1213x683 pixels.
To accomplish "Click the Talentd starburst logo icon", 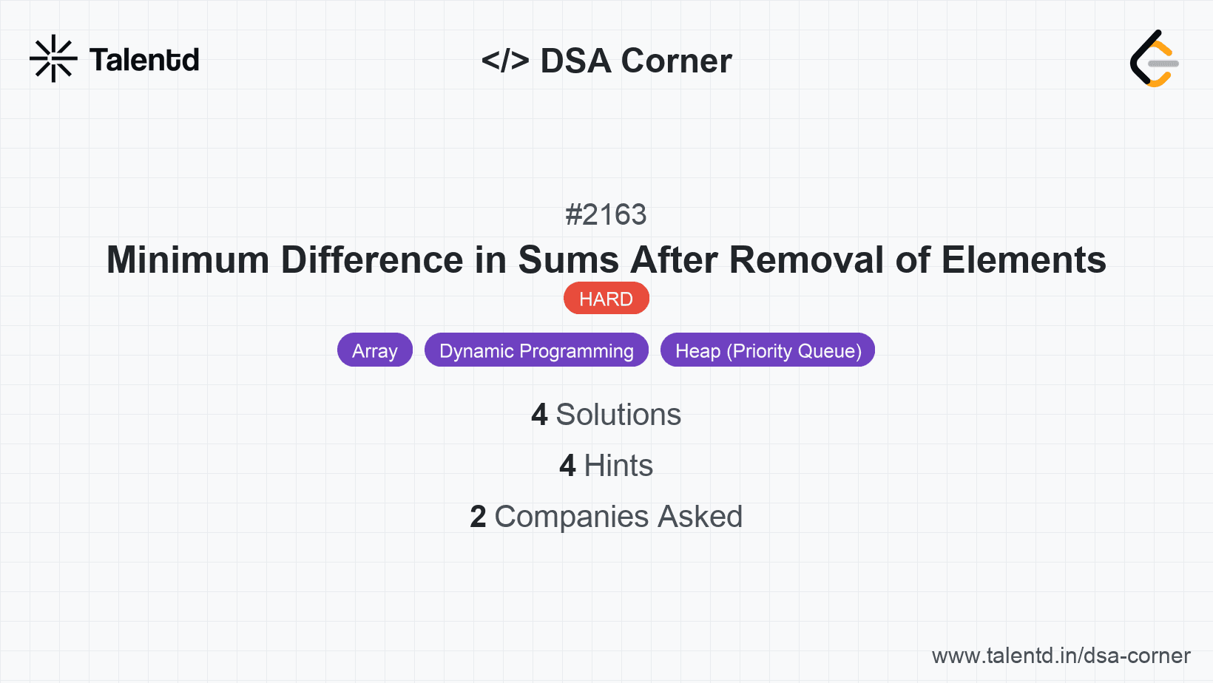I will pyautogui.click(x=53, y=58).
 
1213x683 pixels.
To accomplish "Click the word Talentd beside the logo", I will pyautogui.click(x=144, y=60).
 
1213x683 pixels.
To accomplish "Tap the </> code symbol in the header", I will pyautogui.click(x=505, y=60).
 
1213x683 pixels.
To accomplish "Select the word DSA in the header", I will pyautogui.click(x=575, y=61).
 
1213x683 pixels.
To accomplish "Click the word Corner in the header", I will pyautogui.click(x=677, y=61).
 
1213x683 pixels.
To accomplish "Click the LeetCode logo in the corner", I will pyautogui.click(x=1154, y=59).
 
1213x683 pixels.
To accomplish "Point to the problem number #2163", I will pyautogui.click(x=606, y=214).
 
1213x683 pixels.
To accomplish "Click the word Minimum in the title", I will pyautogui.click(x=188, y=260).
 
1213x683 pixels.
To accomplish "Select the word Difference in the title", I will pyautogui.click(x=372, y=260).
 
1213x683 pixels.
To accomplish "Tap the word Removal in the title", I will pyautogui.click(x=807, y=260).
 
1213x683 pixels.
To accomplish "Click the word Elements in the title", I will pyautogui.click(x=1024, y=260).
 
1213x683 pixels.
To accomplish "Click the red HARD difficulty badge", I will pyautogui.click(x=606, y=299).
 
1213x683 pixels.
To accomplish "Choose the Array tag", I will pyautogui.click(x=374, y=350).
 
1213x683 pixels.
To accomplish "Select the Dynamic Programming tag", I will pyautogui.click(x=536, y=350).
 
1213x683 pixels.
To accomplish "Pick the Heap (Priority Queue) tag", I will pyautogui.click(x=768, y=350).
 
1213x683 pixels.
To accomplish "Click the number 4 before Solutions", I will pyautogui.click(x=539, y=415).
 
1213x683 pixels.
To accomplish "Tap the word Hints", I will pyautogui.click(x=618, y=466).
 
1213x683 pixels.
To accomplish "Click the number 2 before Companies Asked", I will pyautogui.click(x=478, y=517).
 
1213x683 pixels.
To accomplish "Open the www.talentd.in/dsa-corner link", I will pyautogui.click(x=1061, y=656).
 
